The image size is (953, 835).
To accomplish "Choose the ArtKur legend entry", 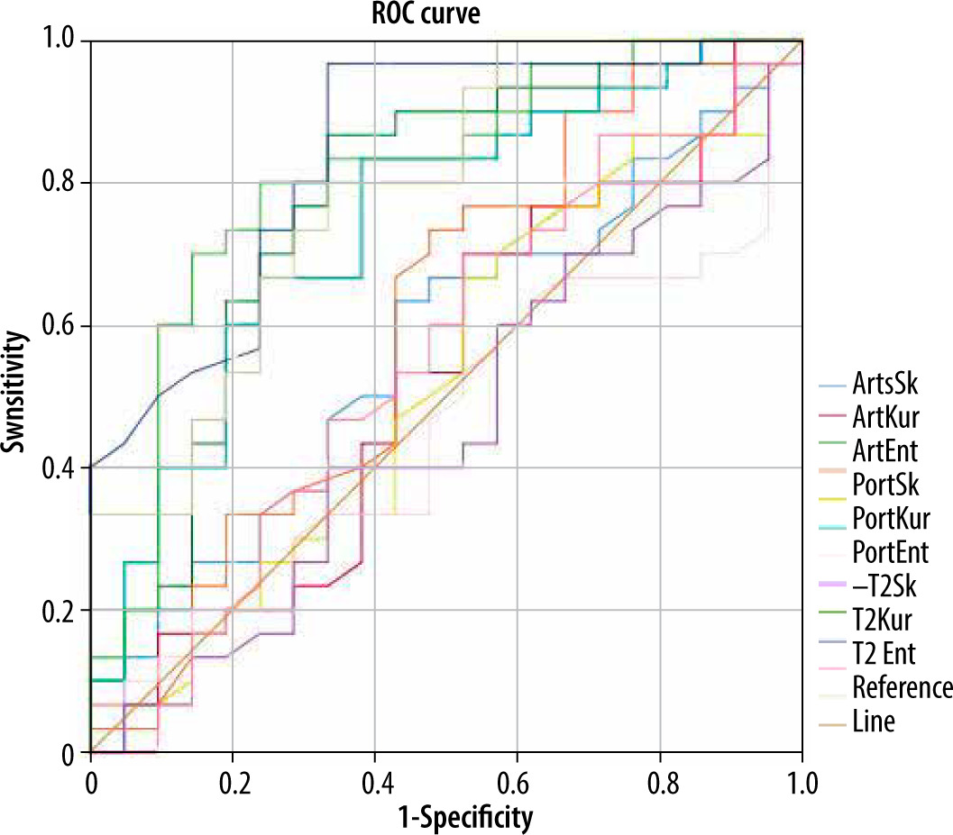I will pyautogui.click(x=885, y=415).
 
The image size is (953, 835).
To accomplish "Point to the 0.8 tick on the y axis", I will pyautogui.click(x=60, y=184).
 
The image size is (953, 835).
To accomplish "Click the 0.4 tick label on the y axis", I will pyautogui.click(x=60, y=468).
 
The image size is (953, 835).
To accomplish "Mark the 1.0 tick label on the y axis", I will pyautogui.click(x=60, y=41).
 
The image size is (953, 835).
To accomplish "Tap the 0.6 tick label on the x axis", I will pyautogui.click(x=518, y=777).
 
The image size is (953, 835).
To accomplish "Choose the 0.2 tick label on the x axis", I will pyautogui.click(x=233, y=777).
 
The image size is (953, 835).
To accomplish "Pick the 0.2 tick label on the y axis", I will pyautogui.click(x=60, y=611).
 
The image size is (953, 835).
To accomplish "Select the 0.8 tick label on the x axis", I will pyautogui.click(x=660, y=777).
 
